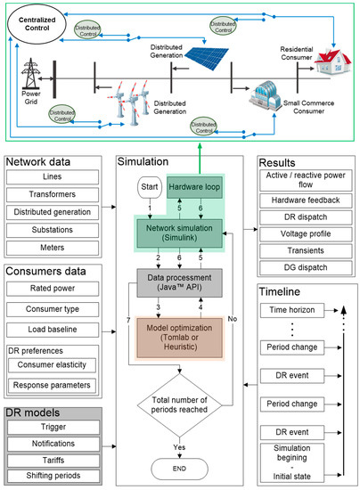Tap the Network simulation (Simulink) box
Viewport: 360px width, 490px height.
click(181, 233)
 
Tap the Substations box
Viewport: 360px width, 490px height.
click(59, 231)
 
